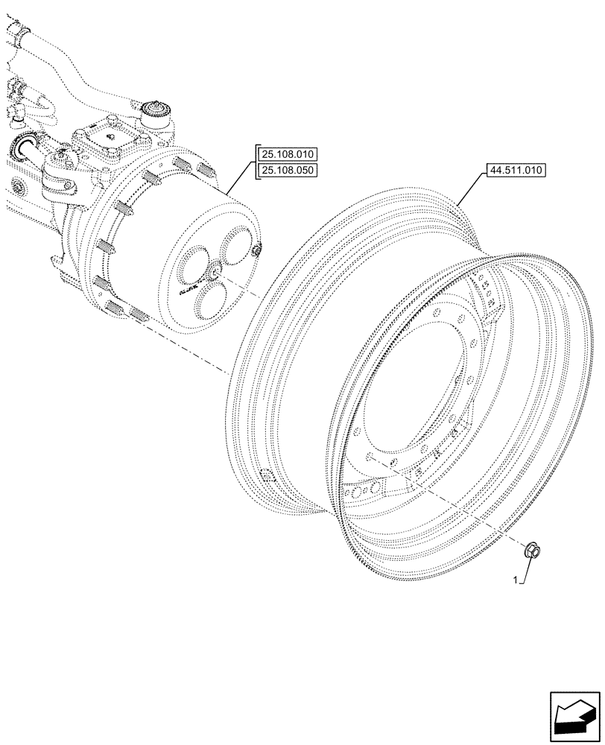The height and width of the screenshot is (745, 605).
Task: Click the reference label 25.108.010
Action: click(x=287, y=155)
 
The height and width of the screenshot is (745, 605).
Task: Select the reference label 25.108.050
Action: click(x=287, y=171)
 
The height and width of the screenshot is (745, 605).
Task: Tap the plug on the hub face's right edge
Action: click(x=256, y=250)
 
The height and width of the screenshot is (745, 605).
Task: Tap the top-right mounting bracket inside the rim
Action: click(x=487, y=298)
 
